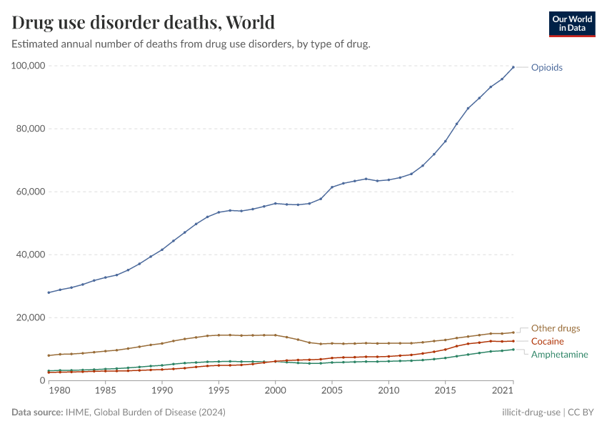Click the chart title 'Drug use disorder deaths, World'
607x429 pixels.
143,22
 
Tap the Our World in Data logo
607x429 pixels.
571,23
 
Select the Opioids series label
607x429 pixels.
546,67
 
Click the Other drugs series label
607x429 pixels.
556,328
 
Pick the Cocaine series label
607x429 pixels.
547,341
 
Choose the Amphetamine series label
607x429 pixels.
560,354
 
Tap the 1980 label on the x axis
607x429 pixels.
60,392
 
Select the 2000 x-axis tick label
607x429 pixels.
275,392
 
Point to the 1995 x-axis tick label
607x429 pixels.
219,392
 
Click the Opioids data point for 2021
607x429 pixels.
513,67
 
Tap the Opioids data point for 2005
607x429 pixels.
331,187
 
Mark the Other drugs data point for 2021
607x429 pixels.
513,332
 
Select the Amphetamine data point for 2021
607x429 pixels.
513,350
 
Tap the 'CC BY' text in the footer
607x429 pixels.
581,413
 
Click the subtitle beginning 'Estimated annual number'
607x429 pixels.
191,44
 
